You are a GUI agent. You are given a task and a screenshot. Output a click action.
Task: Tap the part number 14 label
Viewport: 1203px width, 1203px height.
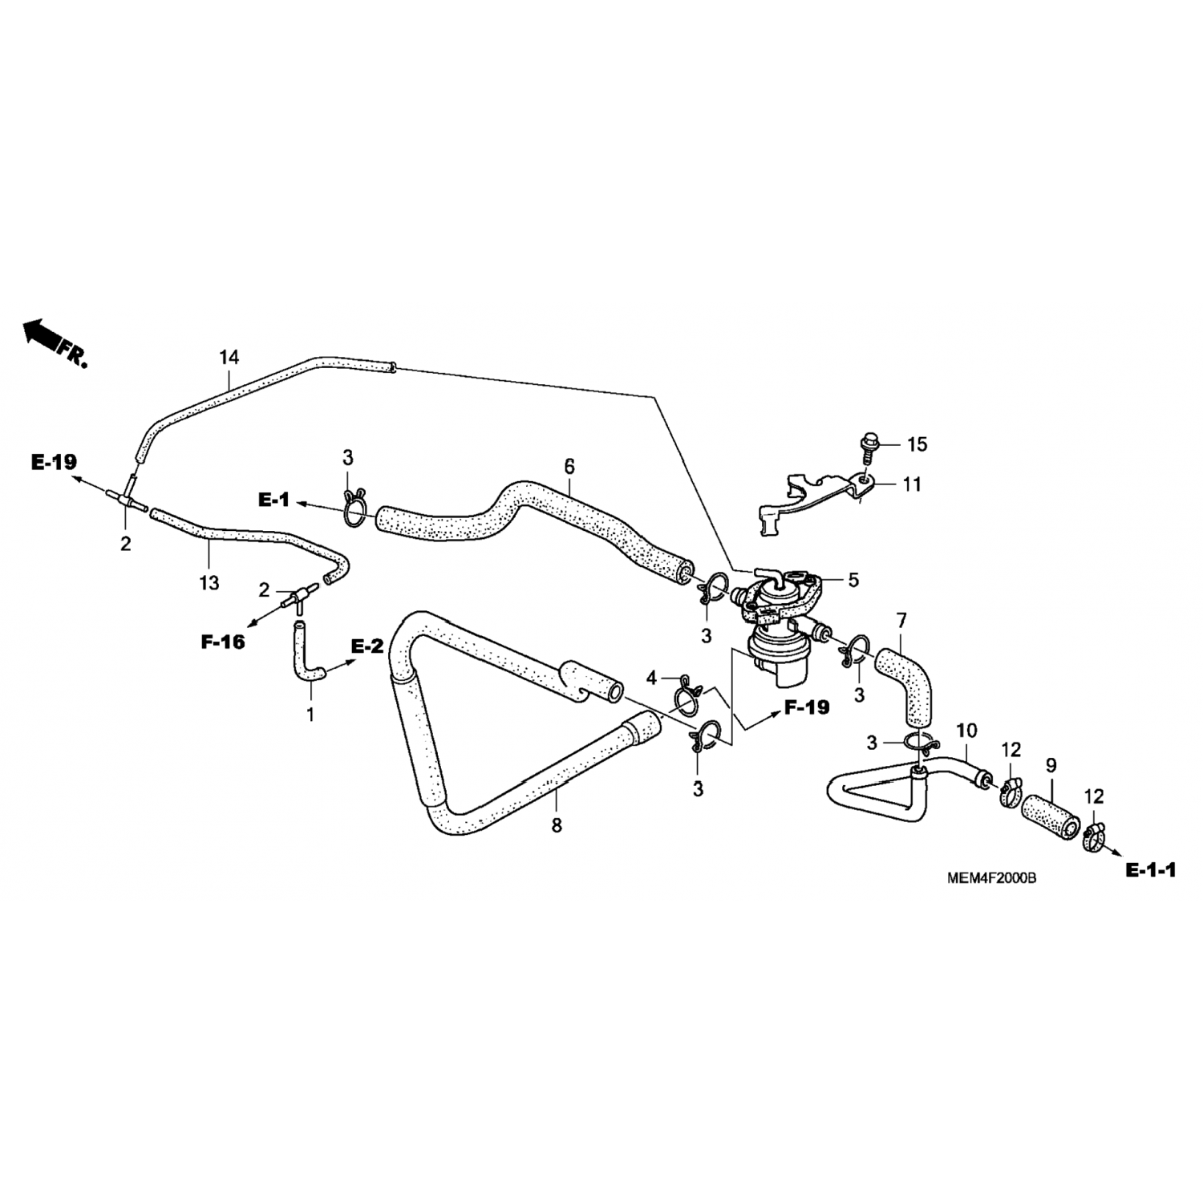click(x=229, y=357)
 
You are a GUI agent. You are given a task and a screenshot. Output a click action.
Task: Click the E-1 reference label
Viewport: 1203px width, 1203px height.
click(x=273, y=500)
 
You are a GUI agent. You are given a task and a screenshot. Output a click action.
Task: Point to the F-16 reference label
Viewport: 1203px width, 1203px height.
click(x=222, y=641)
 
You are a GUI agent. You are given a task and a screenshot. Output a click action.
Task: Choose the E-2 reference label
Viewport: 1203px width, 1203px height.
click(x=367, y=646)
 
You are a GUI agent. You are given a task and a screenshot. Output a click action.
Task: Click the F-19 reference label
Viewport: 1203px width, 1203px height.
click(x=806, y=707)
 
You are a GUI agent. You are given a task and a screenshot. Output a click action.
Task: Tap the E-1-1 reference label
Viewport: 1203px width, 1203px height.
click(x=1150, y=870)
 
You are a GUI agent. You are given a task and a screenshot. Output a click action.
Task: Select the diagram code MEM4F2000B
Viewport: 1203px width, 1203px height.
click(x=991, y=878)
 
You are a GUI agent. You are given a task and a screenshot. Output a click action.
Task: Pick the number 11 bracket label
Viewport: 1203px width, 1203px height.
click(x=912, y=484)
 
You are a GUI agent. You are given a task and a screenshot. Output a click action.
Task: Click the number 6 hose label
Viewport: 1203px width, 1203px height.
click(x=569, y=466)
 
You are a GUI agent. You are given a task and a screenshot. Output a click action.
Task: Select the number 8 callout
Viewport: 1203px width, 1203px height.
click(x=557, y=824)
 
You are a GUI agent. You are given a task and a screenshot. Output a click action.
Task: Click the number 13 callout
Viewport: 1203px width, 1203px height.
click(x=209, y=583)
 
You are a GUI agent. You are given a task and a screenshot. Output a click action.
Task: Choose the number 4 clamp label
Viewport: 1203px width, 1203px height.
click(x=652, y=678)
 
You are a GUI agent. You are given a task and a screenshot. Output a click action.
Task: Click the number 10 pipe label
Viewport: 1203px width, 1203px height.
click(x=966, y=731)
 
